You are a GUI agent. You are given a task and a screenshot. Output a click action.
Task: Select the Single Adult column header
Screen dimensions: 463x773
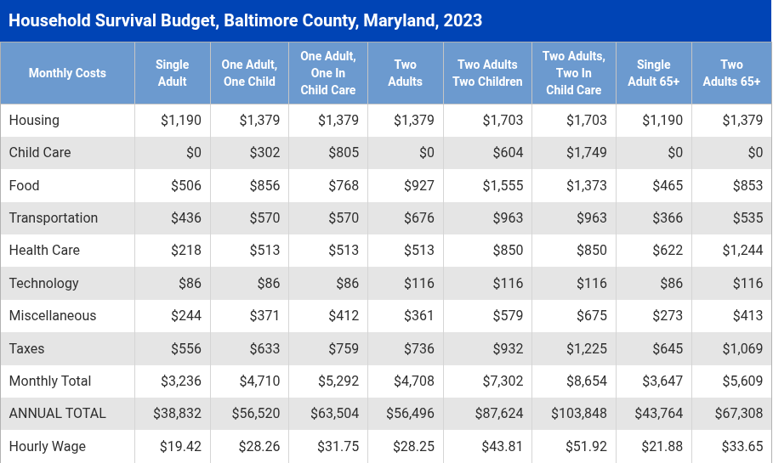click(x=173, y=73)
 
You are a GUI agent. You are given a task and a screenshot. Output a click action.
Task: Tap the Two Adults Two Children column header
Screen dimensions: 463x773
click(x=487, y=73)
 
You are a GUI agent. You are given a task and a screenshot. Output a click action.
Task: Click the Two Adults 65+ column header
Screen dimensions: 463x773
click(x=731, y=73)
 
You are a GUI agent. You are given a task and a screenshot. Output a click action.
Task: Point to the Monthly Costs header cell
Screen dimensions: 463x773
click(x=67, y=73)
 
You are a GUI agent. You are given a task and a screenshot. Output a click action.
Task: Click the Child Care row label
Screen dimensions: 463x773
click(x=40, y=153)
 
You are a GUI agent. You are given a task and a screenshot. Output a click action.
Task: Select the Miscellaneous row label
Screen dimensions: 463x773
click(x=53, y=316)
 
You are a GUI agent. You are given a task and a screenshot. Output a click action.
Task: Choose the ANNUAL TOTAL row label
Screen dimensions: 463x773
click(x=58, y=414)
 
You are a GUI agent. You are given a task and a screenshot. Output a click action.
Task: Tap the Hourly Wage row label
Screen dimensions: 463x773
click(x=48, y=446)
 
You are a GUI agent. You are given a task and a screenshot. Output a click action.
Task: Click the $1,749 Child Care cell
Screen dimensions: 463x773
click(x=587, y=153)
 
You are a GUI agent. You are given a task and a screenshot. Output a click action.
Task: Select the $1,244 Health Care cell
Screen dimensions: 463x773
click(x=742, y=251)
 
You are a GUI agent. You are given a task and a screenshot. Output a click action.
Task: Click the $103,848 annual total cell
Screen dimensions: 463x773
click(x=578, y=414)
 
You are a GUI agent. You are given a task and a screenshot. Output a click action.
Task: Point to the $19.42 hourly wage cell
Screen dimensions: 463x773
click(x=181, y=446)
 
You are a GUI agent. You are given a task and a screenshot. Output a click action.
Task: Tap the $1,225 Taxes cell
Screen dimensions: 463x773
click(x=587, y=348)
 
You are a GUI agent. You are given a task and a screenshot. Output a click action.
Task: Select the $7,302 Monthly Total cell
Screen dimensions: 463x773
click(x=503, y=381)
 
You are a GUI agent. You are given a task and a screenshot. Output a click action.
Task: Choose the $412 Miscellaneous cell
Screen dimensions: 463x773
click(x=344, y=316)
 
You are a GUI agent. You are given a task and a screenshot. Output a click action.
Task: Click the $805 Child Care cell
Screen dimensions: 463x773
click(x=344, y=153)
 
